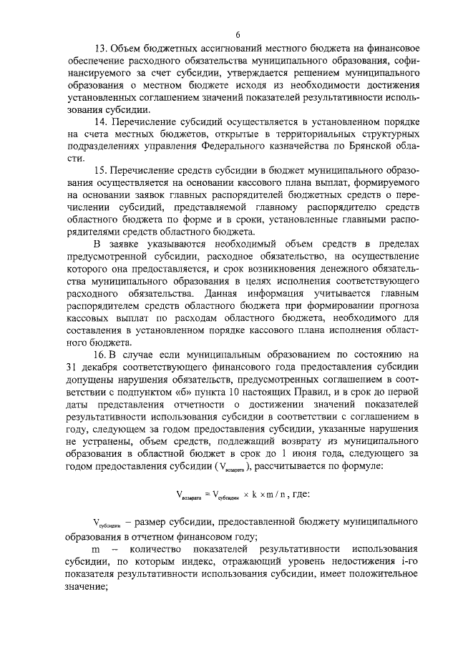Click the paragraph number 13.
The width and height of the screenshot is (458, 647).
pyautogui.click(x=100, y=49)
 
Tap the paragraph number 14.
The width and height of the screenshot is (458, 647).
pyautogui.click(x=100, y=122)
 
